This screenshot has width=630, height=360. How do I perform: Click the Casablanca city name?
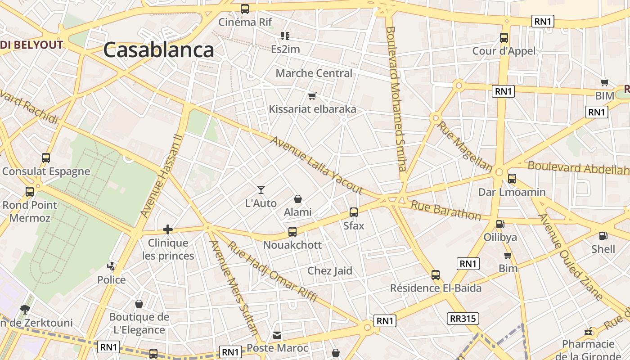click(158, 50)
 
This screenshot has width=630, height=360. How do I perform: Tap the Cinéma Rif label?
click(245, 22)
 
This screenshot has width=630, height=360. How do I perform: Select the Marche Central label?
click(314, 73)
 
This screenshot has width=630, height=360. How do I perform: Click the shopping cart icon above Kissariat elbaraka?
click(312, 96)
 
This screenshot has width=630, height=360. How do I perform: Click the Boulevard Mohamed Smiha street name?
click(396, 99)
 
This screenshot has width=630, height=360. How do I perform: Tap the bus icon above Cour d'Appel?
click(504, 38)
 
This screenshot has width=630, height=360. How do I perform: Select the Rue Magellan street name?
click(465, 146)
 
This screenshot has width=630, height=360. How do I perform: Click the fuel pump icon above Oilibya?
click(500, 224)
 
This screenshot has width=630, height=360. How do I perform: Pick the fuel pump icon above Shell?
click(603, 235)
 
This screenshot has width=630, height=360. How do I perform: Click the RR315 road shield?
click(463, 319)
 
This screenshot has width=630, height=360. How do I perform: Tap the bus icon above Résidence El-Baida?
click(435, 274)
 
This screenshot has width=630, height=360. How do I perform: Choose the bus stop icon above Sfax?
click(354, 212)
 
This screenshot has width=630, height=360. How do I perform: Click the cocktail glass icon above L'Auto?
click(261, 190)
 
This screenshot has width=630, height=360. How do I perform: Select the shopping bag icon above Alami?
click(297, 198)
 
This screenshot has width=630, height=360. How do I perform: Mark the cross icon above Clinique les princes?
click(168, 229)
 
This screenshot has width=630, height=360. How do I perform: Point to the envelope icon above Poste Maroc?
click(277, 335)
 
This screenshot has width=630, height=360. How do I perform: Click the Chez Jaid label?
click(329, 271)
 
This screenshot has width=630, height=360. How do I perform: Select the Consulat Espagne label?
click(46, 171)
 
